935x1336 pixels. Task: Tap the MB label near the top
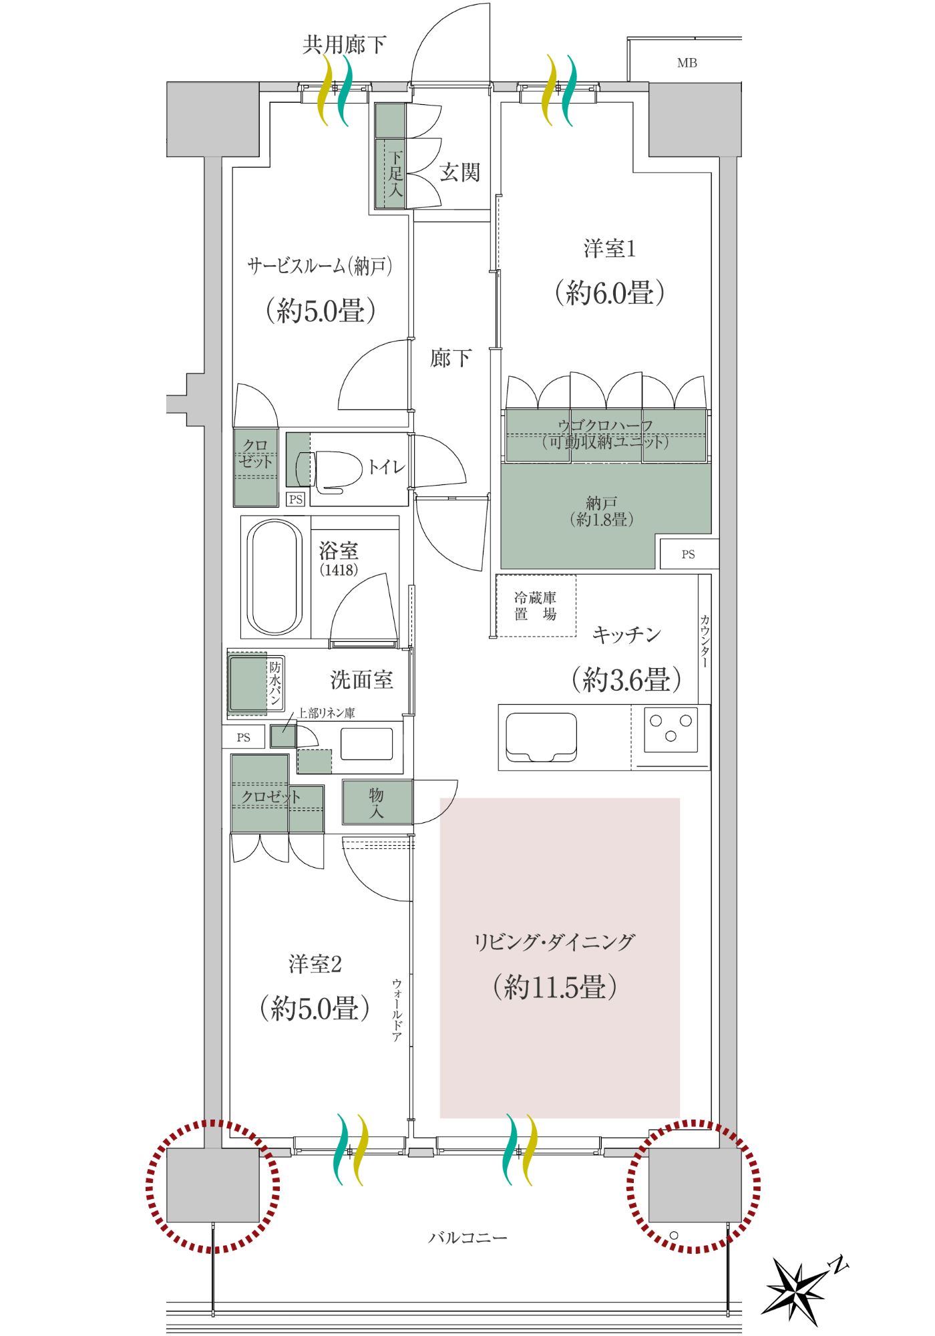[687, 63]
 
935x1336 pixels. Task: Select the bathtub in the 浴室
[274, 578]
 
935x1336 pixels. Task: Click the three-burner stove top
[671, 729]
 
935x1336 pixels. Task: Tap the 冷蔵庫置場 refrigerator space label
[535, 606]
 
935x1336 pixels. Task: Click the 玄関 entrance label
[459, 172]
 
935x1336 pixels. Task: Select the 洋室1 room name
[609, 248]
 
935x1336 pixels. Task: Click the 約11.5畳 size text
[554, 987]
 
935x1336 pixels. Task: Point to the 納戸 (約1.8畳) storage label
[601, 511]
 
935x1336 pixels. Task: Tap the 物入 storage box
[377, 802]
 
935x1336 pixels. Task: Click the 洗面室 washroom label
[361, 680]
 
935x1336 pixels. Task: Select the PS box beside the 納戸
[689, 554]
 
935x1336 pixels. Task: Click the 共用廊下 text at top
[344, 45]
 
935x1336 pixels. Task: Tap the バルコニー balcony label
[467, 1238]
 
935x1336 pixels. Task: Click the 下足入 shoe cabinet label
[395, 173]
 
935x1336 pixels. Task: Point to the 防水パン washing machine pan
[256, 683]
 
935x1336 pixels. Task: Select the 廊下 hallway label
[450, 358]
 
